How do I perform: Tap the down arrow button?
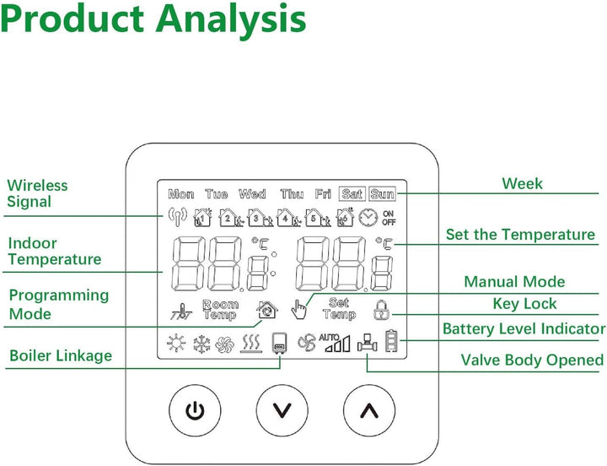pos(282,410)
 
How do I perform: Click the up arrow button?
pos(369,410)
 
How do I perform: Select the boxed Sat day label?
pos(352,194)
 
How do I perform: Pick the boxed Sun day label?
pos(382,194)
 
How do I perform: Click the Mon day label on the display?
pos(181,194)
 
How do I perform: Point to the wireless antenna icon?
pos(177,217)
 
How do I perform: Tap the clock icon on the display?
pos(368,218)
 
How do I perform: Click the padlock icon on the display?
pos(382,310)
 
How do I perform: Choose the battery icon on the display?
pos(391,341)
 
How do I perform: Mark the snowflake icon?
pos(201,344)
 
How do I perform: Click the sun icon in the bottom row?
pos(176,343)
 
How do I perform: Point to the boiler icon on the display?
pos(280,343)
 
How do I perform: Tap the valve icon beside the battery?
pos(367,343)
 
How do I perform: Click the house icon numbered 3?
pos(261,218)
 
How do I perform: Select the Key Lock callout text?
pos(524,304)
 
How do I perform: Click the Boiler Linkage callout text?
pos(61,355)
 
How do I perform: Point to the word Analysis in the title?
pos(231,19)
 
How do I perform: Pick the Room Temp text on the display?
pos(220,310)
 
